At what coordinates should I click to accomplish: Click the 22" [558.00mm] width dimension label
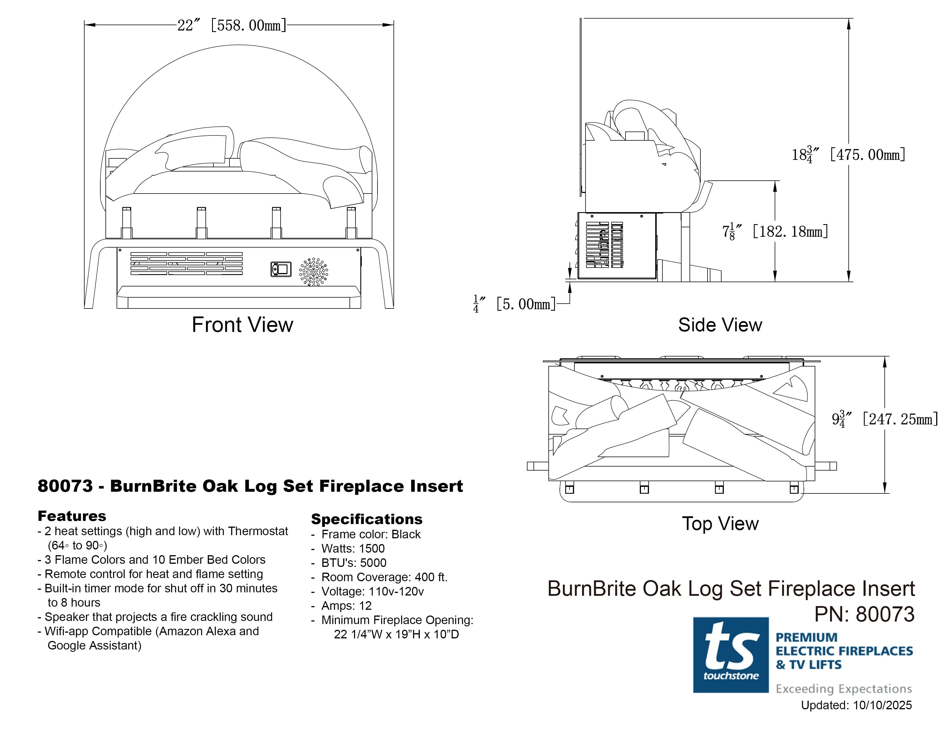(232, 25)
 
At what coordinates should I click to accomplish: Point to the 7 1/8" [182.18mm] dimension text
(775, 232)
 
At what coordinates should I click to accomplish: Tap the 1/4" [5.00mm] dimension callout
(514, 304)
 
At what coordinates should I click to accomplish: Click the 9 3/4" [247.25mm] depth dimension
(884, 419)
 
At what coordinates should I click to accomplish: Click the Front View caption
(242, 325)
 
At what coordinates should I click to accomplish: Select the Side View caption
(720, 325)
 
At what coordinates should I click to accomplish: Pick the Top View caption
(720, 523)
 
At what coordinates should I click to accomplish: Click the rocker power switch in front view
(281, 269)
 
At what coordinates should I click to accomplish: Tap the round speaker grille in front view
(313, 272)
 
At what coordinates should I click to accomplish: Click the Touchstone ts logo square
(731, 655)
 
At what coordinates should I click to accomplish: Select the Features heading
(72, 516)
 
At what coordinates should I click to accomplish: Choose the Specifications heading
(366, 519)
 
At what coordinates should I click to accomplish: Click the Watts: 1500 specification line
(353, 549)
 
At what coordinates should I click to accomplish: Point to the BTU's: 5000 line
(354, 563)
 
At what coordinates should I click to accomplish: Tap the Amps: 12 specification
(346, 605)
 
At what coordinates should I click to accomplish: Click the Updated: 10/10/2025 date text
(856, 705)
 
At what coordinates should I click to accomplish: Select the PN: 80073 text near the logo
(864, 614)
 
